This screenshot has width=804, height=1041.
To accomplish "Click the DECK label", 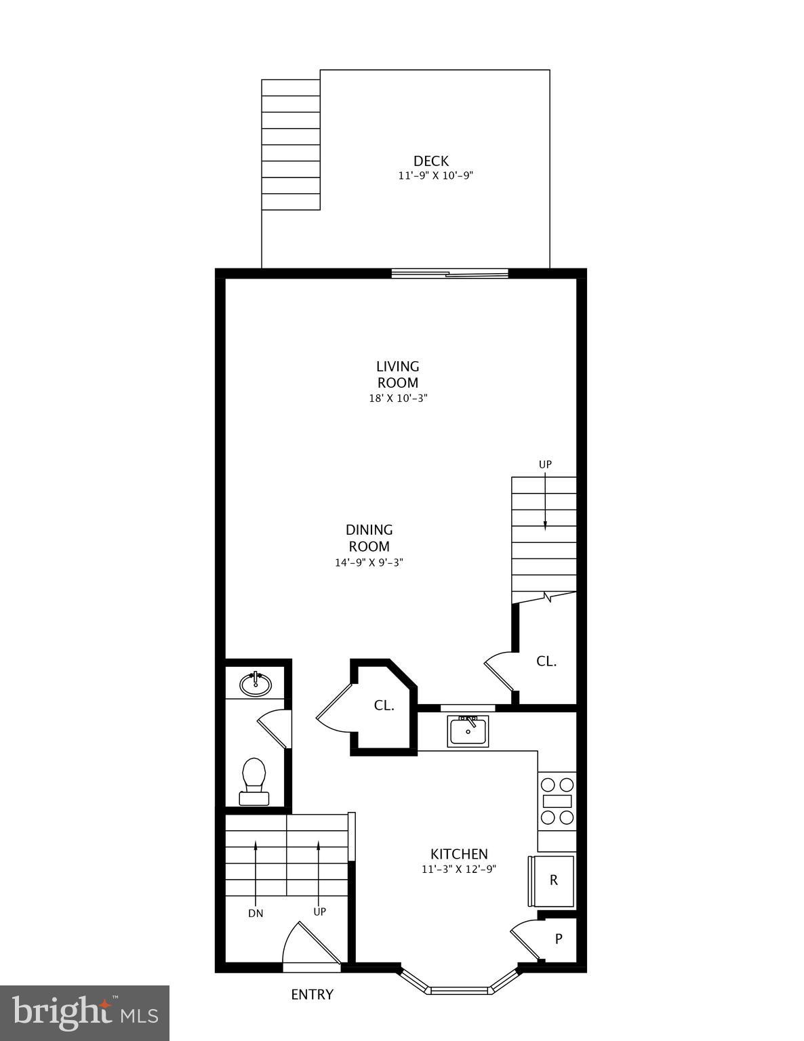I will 431,161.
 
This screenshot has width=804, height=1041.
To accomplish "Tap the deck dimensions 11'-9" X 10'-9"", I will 435,176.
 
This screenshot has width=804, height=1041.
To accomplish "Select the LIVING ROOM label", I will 398,374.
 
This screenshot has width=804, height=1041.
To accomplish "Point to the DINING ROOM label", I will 369,538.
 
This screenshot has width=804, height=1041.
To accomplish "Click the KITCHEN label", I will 459,854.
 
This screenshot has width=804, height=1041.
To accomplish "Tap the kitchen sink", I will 468,731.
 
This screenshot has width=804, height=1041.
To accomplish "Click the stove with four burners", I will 557,801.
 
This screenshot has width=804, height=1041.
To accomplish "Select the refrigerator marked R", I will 552,880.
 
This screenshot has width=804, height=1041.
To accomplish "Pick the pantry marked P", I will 559,939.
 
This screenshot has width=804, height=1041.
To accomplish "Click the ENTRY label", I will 312,995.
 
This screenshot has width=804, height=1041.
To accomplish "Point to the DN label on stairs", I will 256,913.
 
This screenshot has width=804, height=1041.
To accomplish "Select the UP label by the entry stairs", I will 319,912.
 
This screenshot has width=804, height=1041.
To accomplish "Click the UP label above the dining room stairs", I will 545,464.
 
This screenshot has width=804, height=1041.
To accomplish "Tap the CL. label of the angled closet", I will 384,706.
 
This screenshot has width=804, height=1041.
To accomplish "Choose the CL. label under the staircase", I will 546,661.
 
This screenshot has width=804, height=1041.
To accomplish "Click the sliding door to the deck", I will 449,274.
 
